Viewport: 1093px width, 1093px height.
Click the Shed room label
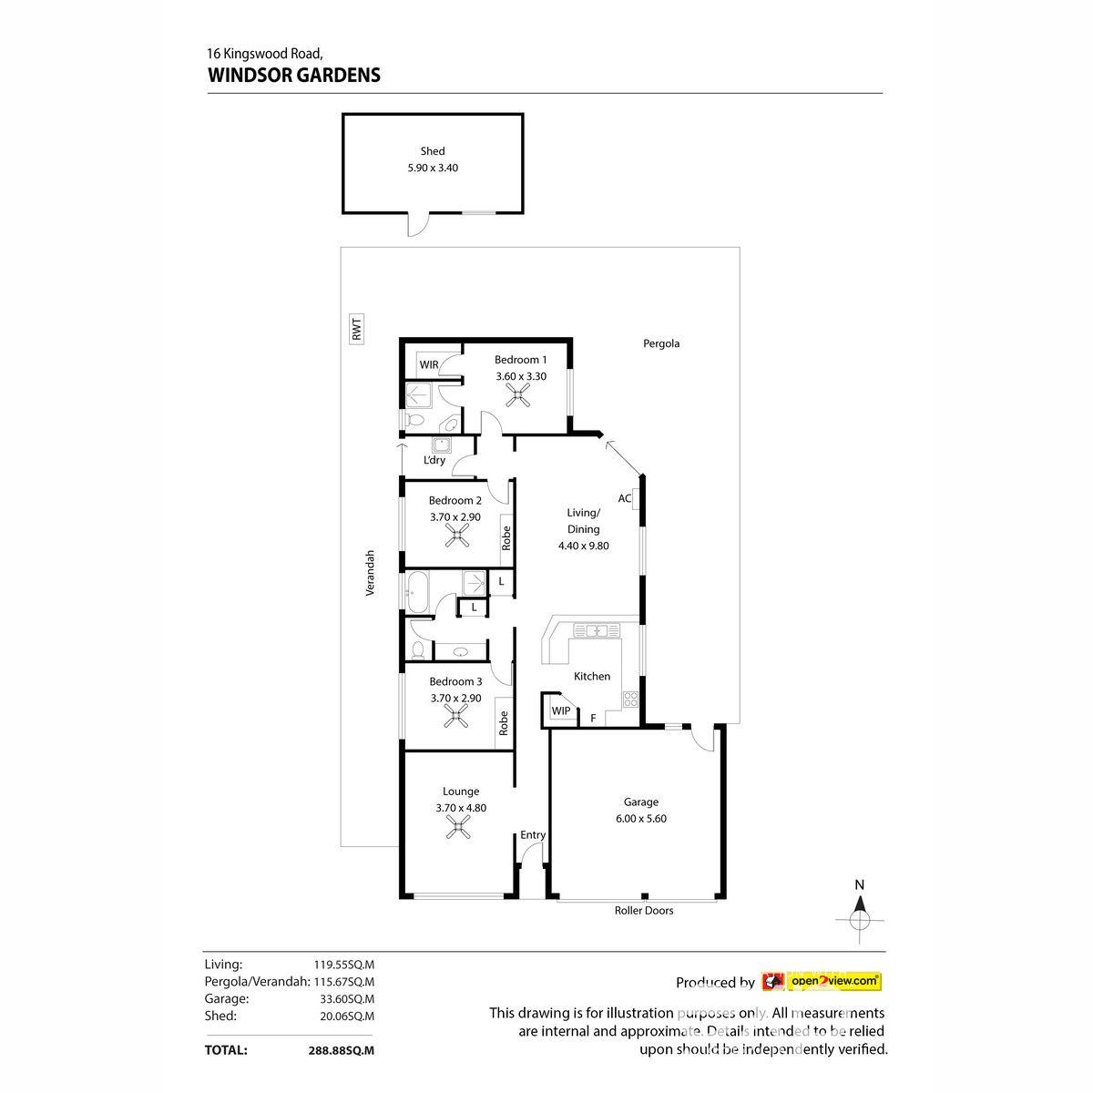(x=433, y=151)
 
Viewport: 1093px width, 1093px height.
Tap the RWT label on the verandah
(x=356, y=328)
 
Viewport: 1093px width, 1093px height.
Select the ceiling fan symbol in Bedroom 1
(x=519, y=395)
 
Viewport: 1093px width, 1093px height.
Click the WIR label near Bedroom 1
(x=429, y=365)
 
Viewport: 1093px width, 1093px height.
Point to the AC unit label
(x=625, y=498)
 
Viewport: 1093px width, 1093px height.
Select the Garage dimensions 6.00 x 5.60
(x=640, y=819)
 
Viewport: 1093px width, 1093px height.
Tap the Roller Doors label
(x=644, y=910)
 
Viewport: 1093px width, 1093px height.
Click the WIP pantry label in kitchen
(x=561, y=710)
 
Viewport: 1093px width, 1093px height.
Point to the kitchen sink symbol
(x=597, y=629)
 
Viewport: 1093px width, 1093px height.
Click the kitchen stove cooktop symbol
(x=630, y=700)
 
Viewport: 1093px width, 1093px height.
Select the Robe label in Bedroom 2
(x=506, y=537)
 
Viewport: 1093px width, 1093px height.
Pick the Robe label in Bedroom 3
(x=503, y=723)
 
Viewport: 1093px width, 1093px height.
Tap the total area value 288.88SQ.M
(x=342, y=1050)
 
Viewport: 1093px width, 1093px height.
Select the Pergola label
(x=661, y=343)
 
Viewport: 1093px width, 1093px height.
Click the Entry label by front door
(x=533, y=835)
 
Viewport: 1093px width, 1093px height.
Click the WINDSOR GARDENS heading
(x=294, y=75)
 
